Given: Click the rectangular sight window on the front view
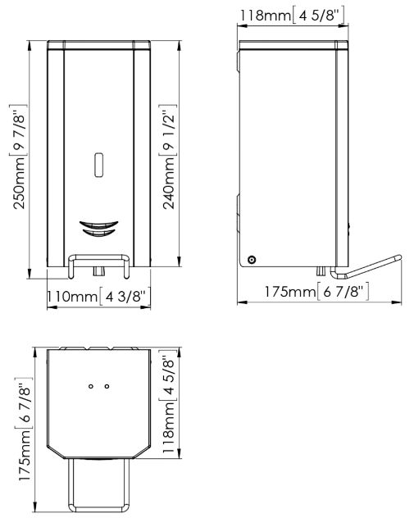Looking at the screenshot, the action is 98,165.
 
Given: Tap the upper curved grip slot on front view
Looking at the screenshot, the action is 98,225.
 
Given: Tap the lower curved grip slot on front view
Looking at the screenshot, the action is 98,233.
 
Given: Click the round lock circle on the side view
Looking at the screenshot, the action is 251,260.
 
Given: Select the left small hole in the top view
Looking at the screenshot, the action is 90,386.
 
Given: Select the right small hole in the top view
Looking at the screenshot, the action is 107,386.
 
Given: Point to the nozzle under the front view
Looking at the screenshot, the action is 99,271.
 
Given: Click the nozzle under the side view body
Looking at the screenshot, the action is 321,271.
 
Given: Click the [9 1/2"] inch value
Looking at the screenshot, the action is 168,130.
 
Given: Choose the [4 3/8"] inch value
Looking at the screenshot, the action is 125,296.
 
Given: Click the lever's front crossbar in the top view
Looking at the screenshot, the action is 99,507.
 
